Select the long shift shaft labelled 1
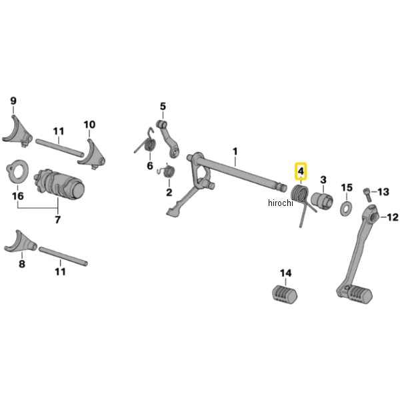[240, 169]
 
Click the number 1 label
[235, 152]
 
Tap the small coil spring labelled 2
[169, 173]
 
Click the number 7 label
[57, 219]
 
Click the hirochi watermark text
[281, 203]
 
